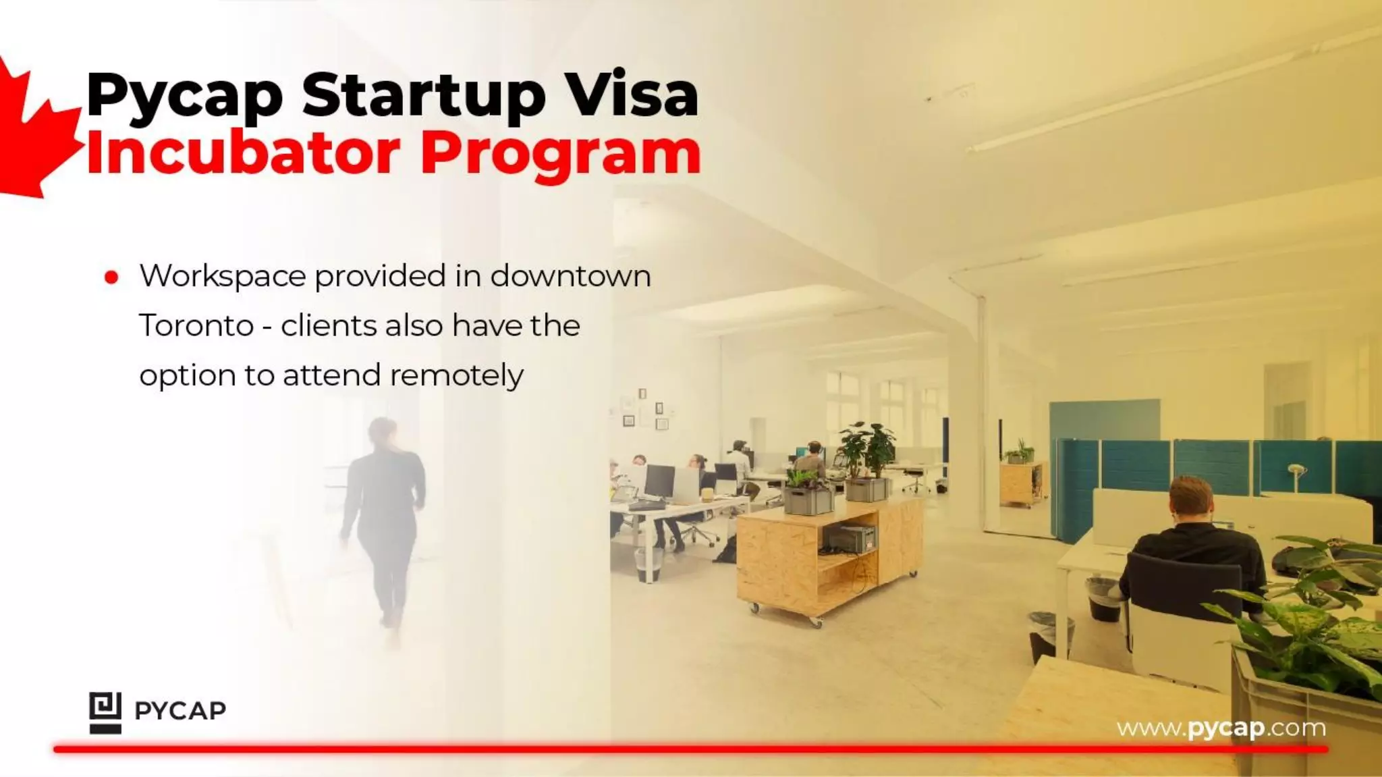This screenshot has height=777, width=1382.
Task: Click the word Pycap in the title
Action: click(x=184, y=96)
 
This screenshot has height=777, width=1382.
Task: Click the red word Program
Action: click(x=561, y=154)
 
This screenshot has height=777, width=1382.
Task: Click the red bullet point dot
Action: click(x=112, y=277)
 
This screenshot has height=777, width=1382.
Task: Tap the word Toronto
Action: click(x=196, y=326)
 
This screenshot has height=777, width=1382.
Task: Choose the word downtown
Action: click(x=570, y=276)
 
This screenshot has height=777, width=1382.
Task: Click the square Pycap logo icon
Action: click(x=105, y=712)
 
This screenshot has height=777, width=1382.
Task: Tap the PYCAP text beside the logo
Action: click(x=180, y=711)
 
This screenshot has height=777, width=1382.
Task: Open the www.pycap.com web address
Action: click(x=1221, y=728)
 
